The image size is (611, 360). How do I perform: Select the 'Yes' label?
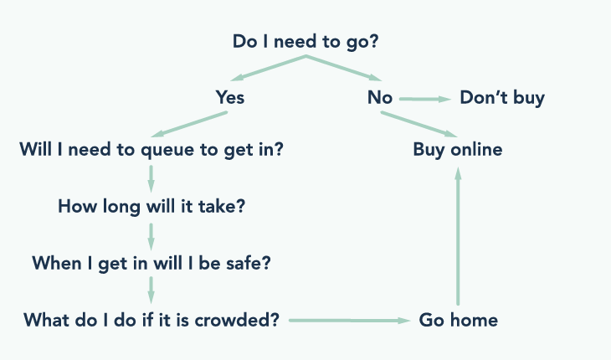coord(230,98)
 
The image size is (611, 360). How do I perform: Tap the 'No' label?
coord(380,98)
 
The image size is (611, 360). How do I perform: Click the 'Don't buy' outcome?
coord(502,98)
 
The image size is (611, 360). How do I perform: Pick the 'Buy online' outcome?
coord(458,150)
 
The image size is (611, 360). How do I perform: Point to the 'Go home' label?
coord(458,320)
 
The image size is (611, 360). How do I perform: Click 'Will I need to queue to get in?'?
coord(151,150)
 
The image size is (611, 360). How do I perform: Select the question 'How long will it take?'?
coord(151,206)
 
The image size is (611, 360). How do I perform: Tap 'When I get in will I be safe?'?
coord(151,263)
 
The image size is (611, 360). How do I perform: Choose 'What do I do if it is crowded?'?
coord(151,320)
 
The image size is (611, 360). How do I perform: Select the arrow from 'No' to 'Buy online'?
coord(418,124)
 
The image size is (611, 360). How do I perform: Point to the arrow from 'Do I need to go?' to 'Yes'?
coord(268,70)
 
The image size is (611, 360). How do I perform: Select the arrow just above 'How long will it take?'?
coord(151,177)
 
